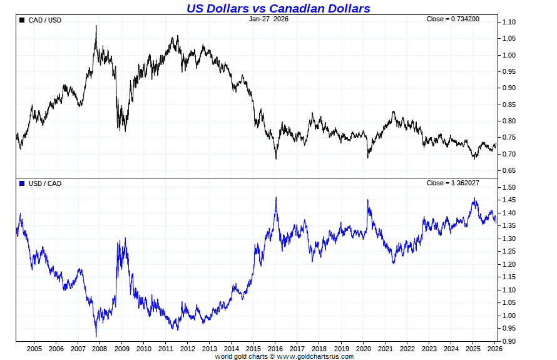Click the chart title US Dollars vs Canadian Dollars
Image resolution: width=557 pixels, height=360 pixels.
[278, 8]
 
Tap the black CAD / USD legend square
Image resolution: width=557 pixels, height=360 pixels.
[23, 20]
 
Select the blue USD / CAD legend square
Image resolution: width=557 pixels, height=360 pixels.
[23, 183]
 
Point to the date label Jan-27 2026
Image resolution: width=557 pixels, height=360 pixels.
[268, 19]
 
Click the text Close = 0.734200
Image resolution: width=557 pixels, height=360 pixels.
[453, 19]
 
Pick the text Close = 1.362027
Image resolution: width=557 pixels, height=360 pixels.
[453, 183]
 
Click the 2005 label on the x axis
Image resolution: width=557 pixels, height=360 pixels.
[34, 349]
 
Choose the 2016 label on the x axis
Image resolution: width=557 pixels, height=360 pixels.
[275, 349]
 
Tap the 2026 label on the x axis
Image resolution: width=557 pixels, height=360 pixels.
[494, 349]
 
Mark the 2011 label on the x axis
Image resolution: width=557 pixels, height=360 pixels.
[166, 349]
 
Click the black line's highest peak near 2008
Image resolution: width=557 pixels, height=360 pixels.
[96, 26]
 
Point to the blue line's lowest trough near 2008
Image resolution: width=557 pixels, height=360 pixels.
[96, 336]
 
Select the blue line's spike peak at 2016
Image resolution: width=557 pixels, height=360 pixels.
[276, 197]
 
